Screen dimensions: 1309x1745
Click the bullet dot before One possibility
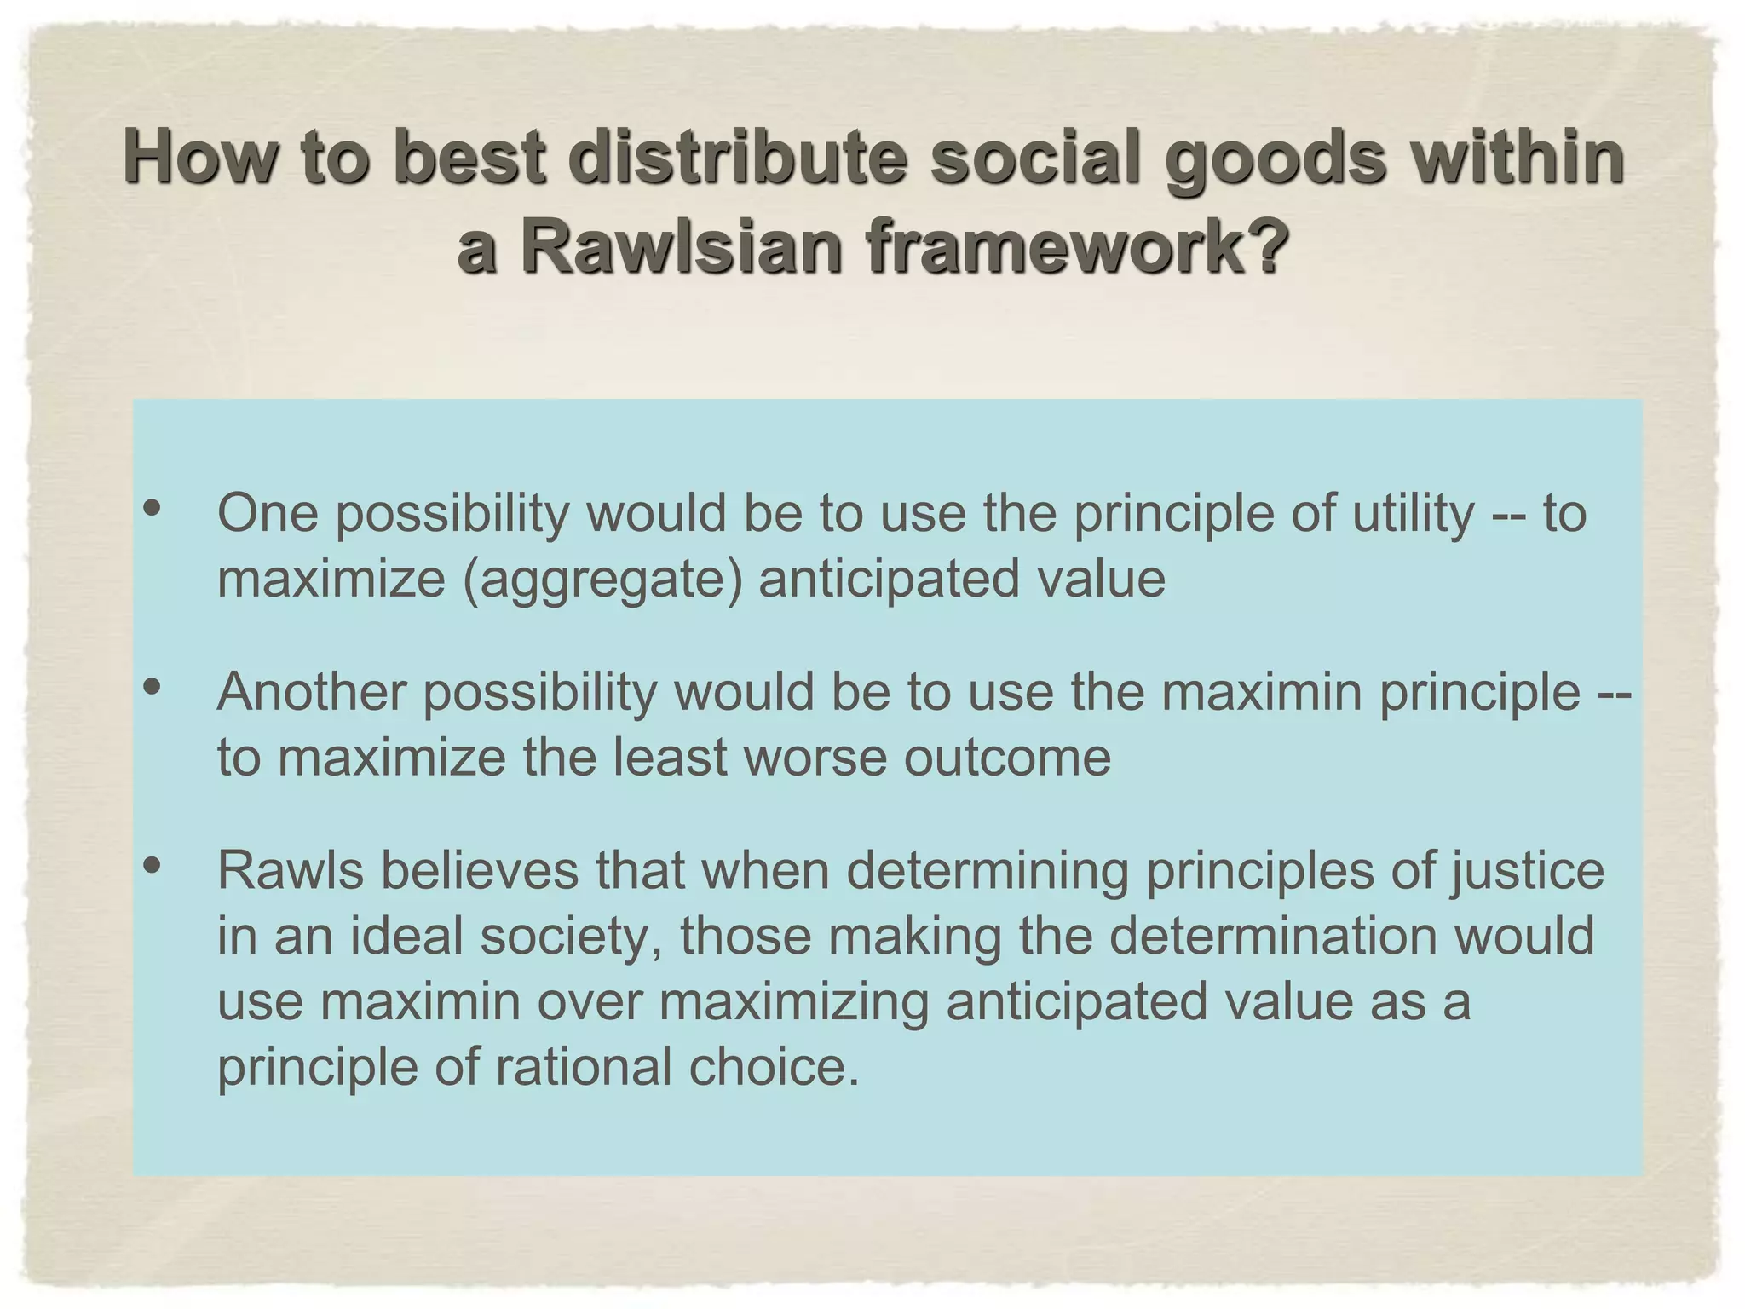tap(153, 509)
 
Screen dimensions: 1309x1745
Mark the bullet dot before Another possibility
tap(153, 687)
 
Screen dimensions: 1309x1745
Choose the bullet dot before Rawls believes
tap(153, 866)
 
